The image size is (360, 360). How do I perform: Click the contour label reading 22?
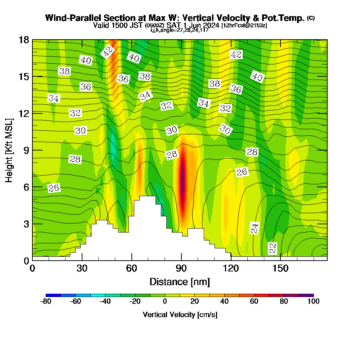(x=273, y=248)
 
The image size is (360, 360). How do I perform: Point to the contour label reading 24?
(x=255, y=228)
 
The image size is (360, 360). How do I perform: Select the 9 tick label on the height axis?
(x=26, y=150)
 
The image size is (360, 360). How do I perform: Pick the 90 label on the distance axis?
(x=181, y=269)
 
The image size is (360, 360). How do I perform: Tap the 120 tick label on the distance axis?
(x=231, y=269)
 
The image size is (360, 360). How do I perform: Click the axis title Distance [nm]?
(x=180, y=282)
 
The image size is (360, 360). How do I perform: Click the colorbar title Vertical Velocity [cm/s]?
(x=180, y=315)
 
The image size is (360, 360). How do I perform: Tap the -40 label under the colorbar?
(x=105, y=302)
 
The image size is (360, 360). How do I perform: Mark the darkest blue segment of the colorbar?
(x=53, y=295)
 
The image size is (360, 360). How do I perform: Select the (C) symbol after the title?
(x=311, y=18)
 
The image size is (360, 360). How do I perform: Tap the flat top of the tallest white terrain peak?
(x=147, y=197)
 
